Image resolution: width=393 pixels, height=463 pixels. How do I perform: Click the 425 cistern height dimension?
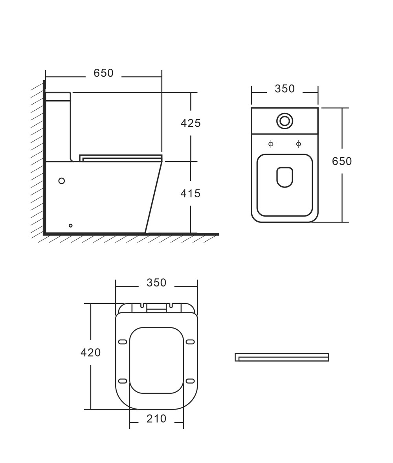coord(191,123)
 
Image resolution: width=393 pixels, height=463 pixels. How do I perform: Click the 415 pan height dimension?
coord(191,193)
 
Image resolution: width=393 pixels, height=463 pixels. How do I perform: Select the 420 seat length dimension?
coord(91,352)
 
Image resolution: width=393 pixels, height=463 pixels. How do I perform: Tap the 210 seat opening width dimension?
coord(156,419)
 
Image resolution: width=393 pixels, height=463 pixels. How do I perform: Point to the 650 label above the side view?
coord(103,73)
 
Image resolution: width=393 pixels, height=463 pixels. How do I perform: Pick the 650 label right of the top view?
coord(342,161)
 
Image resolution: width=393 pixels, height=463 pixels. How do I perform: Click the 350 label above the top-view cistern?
coord(285,88)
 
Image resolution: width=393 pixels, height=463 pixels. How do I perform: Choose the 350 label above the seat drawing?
coord(156,283)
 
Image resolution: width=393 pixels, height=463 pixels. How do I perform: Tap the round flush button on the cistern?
coord(285,121)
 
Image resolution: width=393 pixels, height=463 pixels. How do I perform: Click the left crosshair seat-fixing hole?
coord(271,144)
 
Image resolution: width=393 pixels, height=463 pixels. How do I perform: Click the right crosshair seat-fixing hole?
coord(299,144)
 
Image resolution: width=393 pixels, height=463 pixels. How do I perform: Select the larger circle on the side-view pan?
coord(61,181)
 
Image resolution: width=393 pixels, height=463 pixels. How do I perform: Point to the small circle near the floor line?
coord(70,226)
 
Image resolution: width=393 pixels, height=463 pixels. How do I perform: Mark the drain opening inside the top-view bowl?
coord(285,177)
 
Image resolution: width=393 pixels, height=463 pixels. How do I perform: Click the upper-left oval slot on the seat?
coord(123,342)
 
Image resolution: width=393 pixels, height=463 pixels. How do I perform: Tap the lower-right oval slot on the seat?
coord(191,381)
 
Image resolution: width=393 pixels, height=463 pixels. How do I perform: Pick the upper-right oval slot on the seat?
coord(191,342)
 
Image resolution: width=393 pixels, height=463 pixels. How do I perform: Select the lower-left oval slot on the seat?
coord(123,381)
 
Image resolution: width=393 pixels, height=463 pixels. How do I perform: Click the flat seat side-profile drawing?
coord(282,357)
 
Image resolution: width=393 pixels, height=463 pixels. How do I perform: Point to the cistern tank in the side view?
coord(59,127)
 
